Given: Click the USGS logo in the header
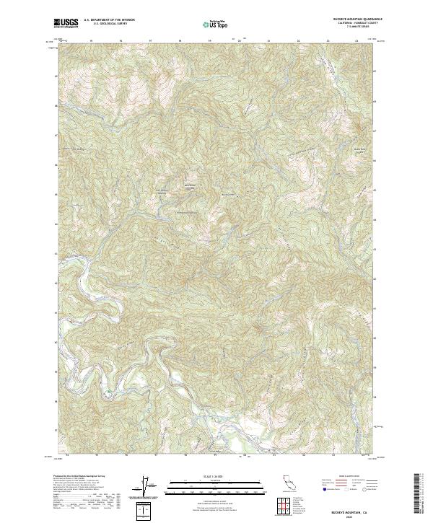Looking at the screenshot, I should tap(66, 24).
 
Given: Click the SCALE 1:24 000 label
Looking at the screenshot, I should tap(216, 477).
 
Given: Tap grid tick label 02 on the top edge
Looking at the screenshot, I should tap(298, 41).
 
